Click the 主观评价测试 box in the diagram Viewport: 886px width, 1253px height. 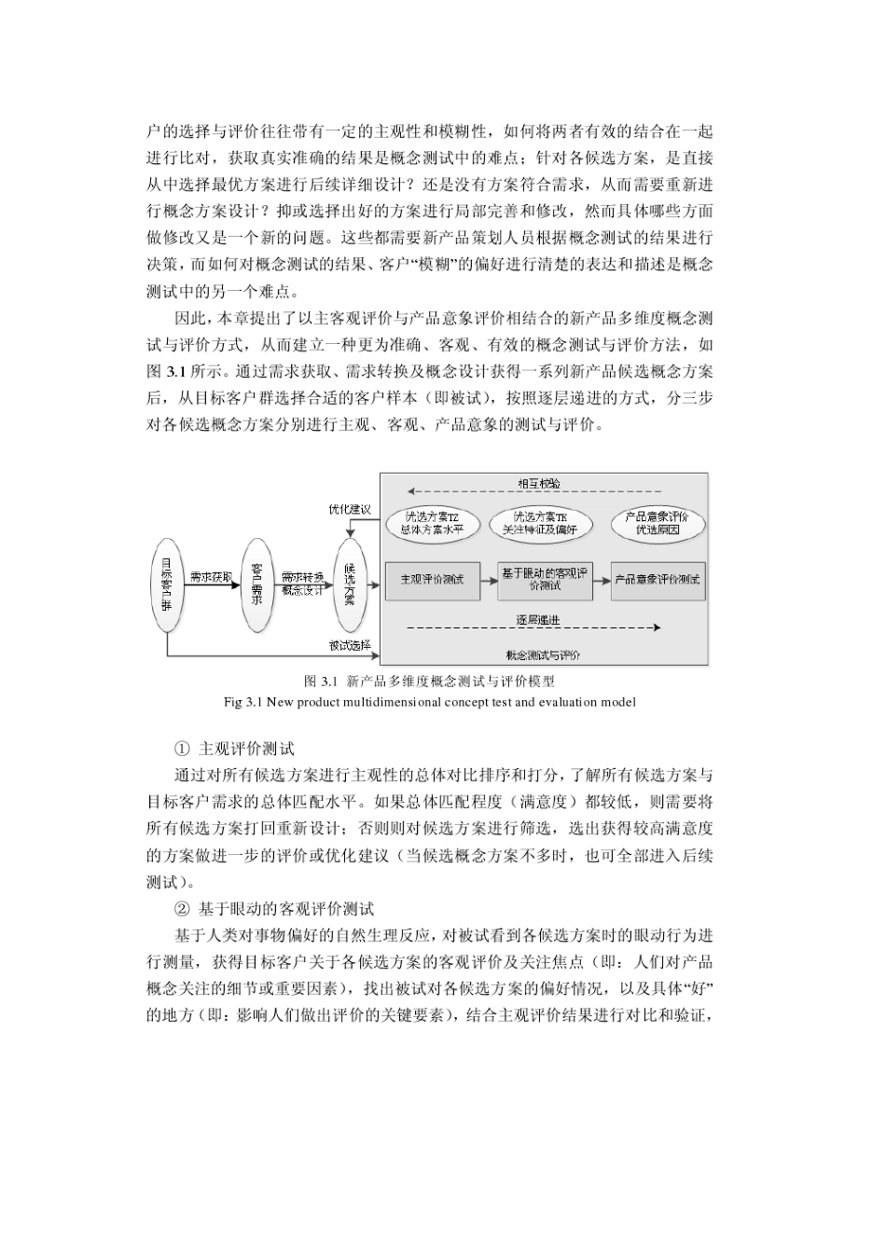tap(431, 580)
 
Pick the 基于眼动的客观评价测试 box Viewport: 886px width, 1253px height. tap(545, 580)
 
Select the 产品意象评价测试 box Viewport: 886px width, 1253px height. tap(658, 580)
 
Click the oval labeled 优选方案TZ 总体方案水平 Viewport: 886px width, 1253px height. tap(432, 523)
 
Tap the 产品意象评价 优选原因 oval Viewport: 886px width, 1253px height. tap(658, 523)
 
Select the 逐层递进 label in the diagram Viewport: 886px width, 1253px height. tap(537, 620)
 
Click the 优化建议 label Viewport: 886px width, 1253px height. tap(349, 509)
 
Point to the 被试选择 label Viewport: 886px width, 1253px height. tap(349, 644)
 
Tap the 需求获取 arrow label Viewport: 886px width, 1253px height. tap(211, 576)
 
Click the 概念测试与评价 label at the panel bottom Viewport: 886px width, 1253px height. tap(543, 654)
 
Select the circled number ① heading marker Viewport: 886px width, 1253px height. tap(182, 748)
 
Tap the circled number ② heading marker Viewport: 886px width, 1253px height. tap(182, 908)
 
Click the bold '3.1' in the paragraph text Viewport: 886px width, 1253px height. tap(174, 370)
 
